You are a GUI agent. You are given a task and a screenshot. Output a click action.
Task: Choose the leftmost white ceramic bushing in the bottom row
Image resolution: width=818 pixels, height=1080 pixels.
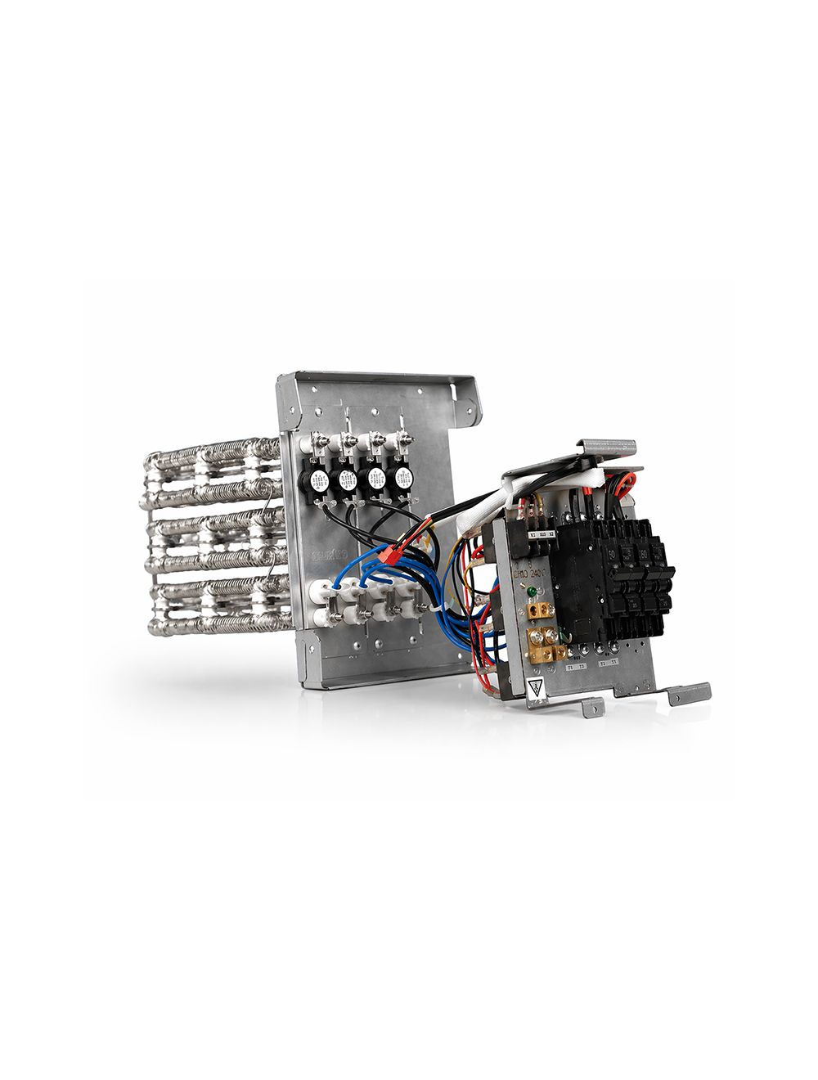[x=335, y=587]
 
